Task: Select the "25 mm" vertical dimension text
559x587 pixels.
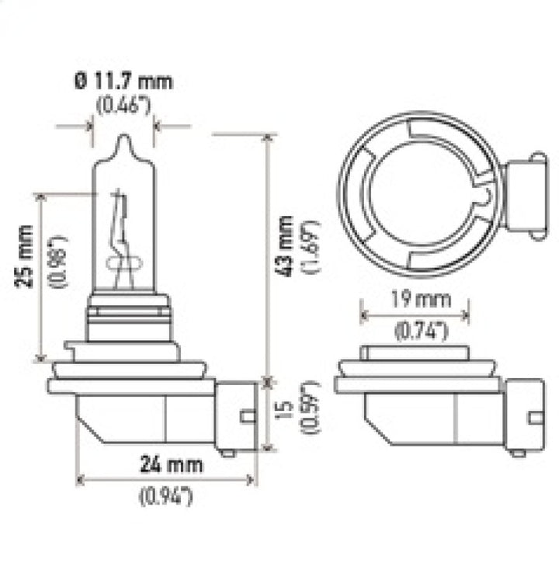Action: point(26,255)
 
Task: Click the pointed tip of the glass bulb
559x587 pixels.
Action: point(123,141)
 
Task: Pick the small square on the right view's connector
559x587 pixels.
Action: point(535,418)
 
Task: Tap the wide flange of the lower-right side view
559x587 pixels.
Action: point(420,384)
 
